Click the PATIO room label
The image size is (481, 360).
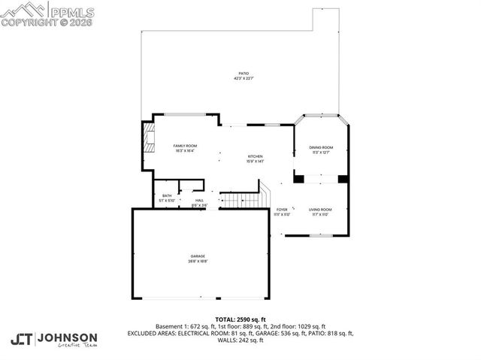coord(244,73)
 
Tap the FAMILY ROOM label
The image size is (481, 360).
coord(185,145)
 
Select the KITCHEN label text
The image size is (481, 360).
coord(256,156)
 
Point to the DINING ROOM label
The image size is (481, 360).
coord(321,147)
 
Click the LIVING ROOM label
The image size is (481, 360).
coord(321,210)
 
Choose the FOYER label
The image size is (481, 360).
coord(282,210)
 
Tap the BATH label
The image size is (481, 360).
coord(166,196)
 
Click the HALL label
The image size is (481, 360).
coord(199,200)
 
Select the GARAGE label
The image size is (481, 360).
coord(198,256)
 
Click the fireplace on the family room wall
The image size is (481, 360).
coord(148,139)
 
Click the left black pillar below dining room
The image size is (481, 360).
coord(298,179)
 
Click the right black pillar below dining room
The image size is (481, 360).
coord(343,179)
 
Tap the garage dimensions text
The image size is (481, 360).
coord(198,261)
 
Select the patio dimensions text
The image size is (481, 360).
coord(244,78)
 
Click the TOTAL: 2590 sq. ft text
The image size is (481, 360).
coord(240,319)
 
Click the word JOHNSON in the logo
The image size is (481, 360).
coord(68,337)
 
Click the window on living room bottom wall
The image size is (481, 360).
coord(321,235)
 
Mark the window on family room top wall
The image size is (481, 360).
coord(186,114)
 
